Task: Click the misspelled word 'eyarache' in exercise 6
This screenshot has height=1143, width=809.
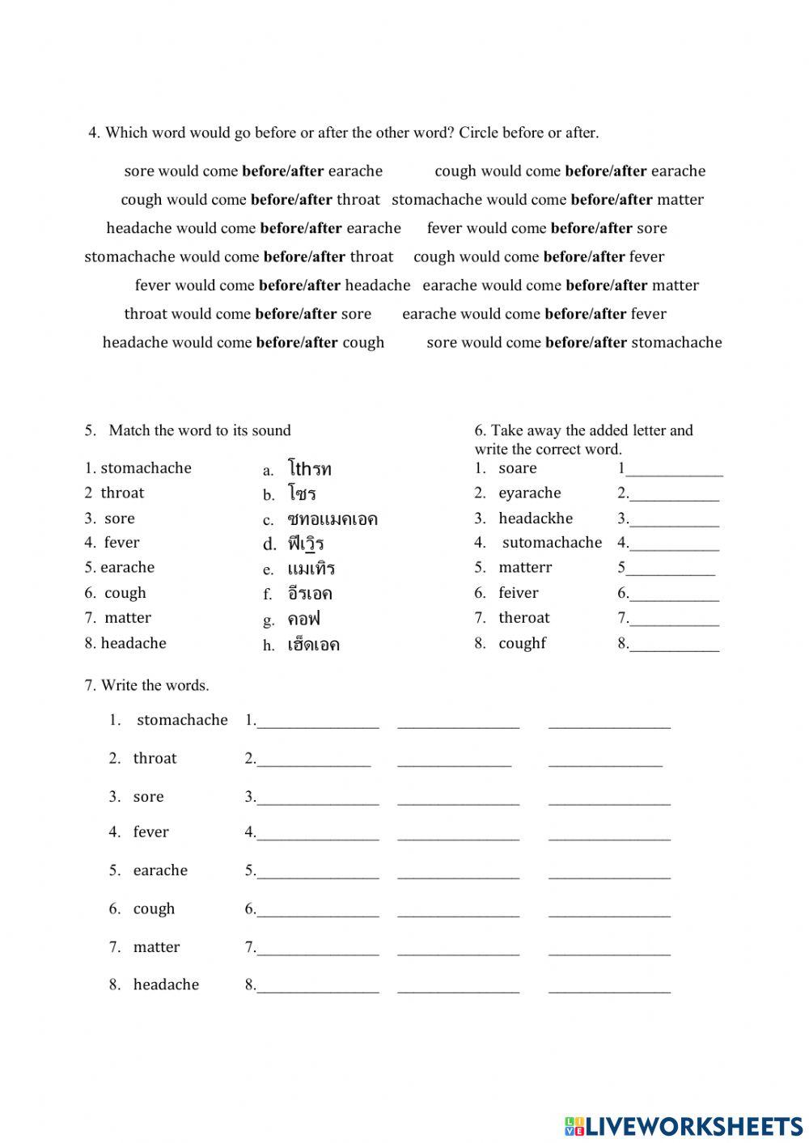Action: point(529,493)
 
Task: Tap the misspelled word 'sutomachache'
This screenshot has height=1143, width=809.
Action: point(552,543)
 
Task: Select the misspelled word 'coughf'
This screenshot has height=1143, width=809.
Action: point(522,643)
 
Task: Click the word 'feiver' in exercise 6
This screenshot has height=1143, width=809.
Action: point(518,593)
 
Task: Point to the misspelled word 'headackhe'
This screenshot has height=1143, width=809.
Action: point(535,519)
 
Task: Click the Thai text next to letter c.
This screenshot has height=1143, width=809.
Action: point(332,519)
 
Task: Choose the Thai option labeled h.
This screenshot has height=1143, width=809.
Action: point(313,645)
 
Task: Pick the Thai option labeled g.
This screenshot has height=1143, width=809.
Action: point(303,620)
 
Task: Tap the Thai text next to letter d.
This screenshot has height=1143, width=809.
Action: point(305,544)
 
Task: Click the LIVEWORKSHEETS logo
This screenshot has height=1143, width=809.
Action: point(683,1126)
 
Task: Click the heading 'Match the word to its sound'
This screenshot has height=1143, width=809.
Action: point(199,430)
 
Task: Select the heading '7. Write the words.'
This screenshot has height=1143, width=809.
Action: point(146,685)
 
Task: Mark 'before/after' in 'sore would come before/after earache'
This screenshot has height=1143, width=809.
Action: point(282,171)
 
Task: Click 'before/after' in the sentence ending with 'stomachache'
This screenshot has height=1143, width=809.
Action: point(586,342)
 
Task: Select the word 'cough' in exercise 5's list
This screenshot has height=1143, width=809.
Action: point(125,593)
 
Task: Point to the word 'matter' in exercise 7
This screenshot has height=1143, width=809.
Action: point(156,946)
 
